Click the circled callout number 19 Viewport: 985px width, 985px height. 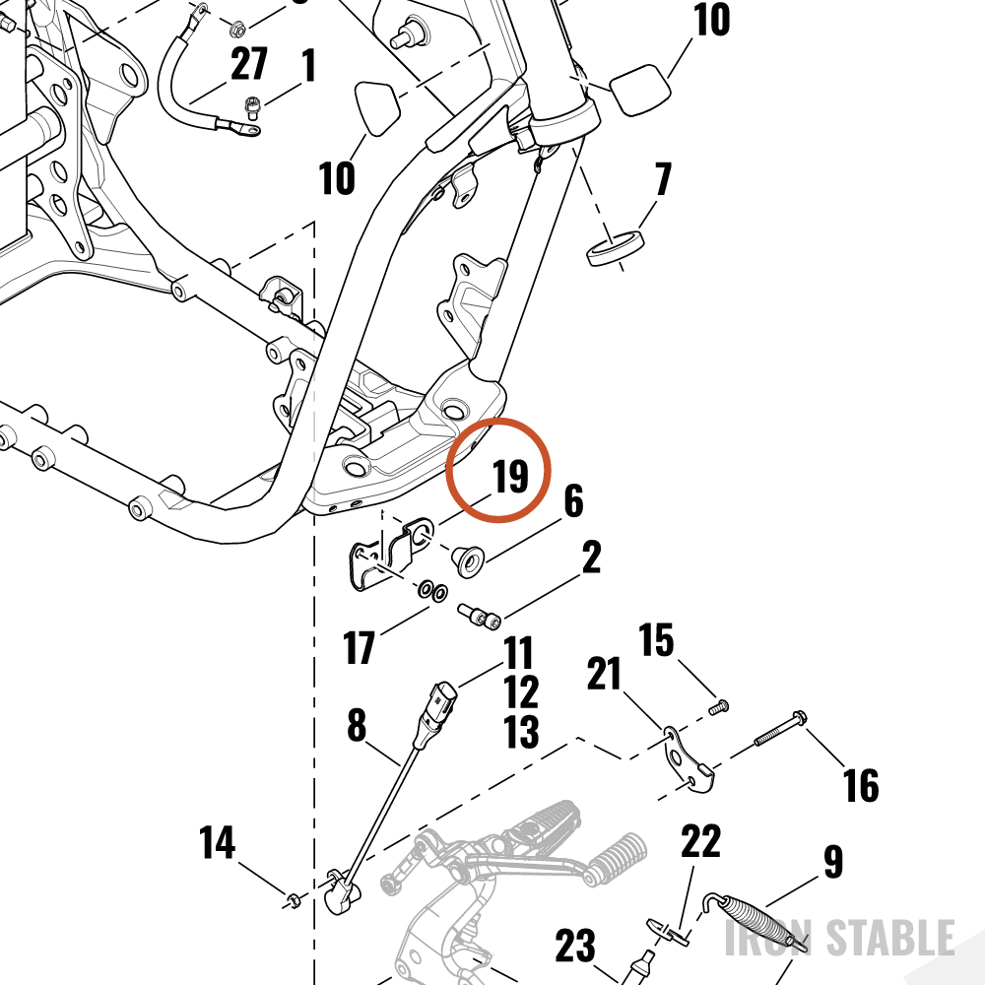(510, 476)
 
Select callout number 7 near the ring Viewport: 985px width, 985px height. (663, 179)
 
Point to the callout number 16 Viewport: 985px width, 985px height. (860, 785)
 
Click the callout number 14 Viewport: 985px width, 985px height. (218, 842)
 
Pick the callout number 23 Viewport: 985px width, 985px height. (575, 946)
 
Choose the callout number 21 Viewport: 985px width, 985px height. (604, 673)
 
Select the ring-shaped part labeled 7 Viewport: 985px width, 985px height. (616, 248)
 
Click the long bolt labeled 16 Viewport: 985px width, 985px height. (780, 729)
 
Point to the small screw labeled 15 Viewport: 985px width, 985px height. (718, 707)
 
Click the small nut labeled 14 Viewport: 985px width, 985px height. (293, 901)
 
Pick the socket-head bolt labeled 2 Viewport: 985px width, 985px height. (479, 616)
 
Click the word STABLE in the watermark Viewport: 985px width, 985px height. (889, 938)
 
